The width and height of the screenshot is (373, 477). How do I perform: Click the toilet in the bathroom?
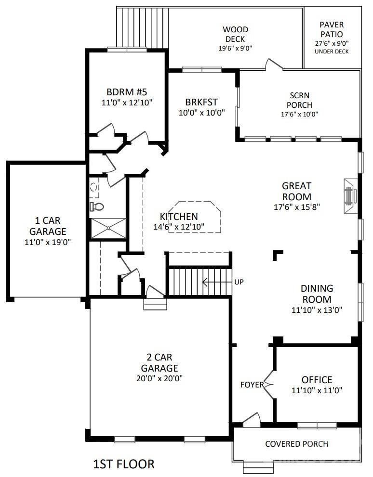96,207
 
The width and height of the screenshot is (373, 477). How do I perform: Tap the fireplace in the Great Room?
350,196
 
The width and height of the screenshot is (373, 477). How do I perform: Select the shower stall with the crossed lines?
108,228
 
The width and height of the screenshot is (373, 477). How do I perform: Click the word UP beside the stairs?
239,282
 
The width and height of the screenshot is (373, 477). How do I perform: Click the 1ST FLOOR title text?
124,464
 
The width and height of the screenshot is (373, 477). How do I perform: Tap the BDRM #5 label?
127,91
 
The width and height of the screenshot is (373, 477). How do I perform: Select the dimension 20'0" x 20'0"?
160,378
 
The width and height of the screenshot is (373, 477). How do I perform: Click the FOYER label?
252,385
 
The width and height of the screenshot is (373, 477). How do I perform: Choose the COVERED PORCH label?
296,444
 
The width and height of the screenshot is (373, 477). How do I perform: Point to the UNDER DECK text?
332,52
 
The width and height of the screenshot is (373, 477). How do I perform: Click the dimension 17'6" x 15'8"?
296,207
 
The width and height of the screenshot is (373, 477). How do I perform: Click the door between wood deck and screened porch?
274,64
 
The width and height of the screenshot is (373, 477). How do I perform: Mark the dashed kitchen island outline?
195,217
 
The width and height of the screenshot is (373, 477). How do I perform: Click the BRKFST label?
201,102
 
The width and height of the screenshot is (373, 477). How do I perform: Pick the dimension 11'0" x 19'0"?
48,242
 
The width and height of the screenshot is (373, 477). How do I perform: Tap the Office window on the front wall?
317,425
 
